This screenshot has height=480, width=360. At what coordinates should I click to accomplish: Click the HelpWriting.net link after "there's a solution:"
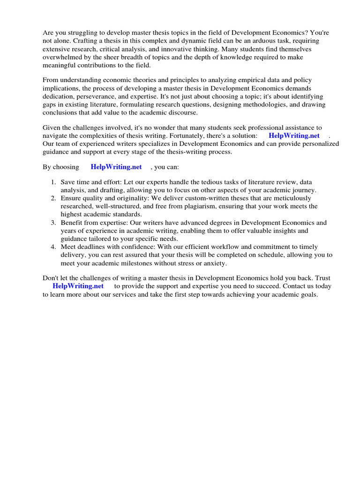click(x=294, y=135)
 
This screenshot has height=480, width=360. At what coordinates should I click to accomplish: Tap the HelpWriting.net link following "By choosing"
click(x=116, y=167)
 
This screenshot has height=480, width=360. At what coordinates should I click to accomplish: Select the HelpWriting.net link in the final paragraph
click(x=78, y=286)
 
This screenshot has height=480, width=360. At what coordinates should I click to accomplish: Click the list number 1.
click(x=54, y=182)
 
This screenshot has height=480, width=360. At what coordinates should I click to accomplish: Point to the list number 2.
click(x=54, y=198)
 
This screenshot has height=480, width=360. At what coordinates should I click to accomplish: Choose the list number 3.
click(x=54, y=223)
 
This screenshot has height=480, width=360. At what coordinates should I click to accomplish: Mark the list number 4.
click(x=54, y=247)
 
